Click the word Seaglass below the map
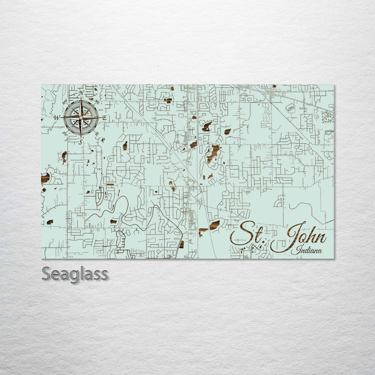(75, 273)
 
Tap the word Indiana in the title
(307, 251)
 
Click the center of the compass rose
(81, 118)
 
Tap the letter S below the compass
(81, 142)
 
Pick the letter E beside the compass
(104, 118)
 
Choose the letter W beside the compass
(57, 118)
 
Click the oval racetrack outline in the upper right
(291, 107)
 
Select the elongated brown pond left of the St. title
(215, 225)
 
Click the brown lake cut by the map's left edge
(45, 179)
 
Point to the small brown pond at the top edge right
(274, 86)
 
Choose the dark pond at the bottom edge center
(181, 244)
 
